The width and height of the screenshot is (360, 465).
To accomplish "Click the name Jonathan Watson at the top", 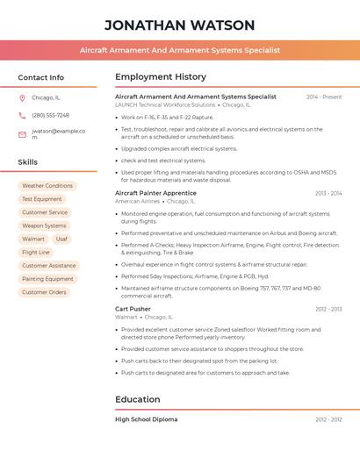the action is (180, 25).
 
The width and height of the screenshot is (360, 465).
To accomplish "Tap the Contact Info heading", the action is (41, 77).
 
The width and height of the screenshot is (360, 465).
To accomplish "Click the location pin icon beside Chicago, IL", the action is (22, 98).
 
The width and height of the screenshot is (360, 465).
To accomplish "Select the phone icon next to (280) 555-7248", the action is (22, 115).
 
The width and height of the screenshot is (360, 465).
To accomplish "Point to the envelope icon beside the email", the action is (22, 134).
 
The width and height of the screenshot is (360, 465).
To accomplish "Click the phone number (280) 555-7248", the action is (50, 115).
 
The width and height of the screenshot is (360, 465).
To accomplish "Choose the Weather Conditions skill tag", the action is (47, 186).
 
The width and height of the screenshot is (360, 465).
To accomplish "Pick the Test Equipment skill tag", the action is (42, 199).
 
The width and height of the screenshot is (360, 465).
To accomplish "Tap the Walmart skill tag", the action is (33, 239).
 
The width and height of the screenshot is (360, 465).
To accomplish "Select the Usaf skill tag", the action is (61, 239).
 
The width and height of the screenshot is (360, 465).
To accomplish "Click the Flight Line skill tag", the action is (36, 252).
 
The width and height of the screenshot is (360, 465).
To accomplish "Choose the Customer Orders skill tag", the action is (44, 292).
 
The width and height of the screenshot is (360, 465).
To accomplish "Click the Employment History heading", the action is (161, 77).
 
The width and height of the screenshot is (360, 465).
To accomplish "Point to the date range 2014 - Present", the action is (324, 97).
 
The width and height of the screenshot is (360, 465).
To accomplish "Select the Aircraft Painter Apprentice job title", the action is (155, 193).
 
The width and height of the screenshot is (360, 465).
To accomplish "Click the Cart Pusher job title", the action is (133, 309).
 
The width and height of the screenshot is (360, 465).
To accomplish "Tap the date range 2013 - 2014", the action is (328, 193).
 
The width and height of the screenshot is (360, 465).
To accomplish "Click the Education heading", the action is (138, 399).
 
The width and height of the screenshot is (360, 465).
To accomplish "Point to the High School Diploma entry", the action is (146, 419).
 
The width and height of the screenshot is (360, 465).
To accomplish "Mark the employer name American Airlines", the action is (138, 201).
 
